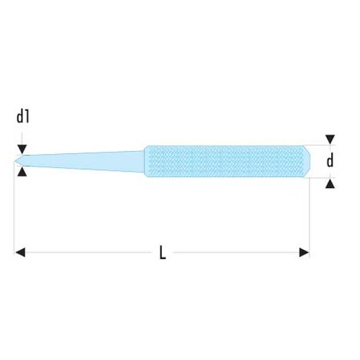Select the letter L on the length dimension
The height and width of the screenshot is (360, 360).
tap(163, 253)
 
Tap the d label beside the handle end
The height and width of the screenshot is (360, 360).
tap(330, 161)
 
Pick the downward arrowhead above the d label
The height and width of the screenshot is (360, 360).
tap(330, 140)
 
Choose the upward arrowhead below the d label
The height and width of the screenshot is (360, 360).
tap(330, 184)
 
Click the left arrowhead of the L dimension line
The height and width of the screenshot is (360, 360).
tap(20, 252)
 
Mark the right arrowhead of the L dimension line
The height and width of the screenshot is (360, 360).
tap(305, 252)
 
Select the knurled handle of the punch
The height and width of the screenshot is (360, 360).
tap(223, 161)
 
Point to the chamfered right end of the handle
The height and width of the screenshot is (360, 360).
tap(307, 161)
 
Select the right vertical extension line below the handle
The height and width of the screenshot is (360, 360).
tap(310, 216)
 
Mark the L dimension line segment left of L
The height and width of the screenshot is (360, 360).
tap(86, 252)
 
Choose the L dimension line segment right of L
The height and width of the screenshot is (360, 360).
tap(238, 252)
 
